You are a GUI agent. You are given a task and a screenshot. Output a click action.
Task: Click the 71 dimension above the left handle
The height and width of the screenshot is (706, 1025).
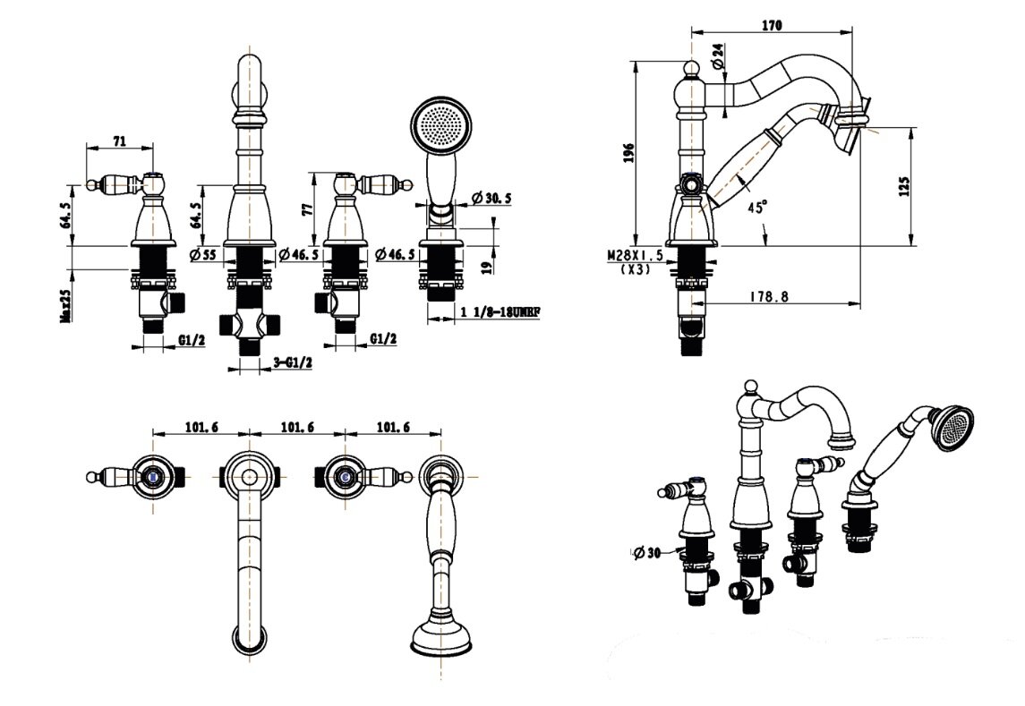[119, 140]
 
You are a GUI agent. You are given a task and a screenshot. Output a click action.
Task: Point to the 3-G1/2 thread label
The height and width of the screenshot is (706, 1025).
[292, 362]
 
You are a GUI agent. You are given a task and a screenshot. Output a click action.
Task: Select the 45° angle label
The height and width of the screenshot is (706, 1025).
[757, 207]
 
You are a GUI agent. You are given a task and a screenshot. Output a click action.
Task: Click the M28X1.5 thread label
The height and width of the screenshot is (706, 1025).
[635, 256]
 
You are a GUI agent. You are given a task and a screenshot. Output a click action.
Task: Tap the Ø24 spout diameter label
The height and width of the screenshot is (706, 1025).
[717, 59]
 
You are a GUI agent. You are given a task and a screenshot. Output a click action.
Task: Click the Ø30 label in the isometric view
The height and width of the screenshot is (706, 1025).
[645, 553]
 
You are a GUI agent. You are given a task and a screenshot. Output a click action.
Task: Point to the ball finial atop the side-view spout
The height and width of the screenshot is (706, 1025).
[691, 67]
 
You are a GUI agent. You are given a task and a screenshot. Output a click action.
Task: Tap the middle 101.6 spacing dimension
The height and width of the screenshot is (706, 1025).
[296, 427]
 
